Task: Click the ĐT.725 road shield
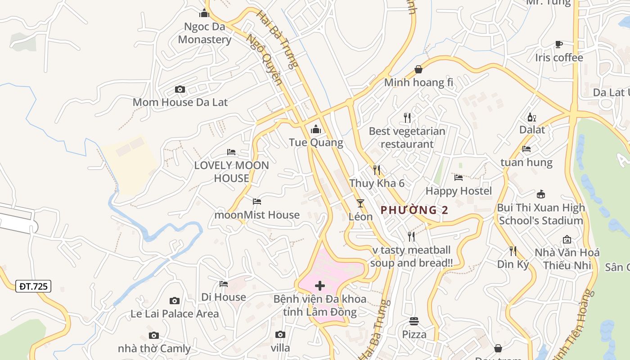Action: (x=33, y=286)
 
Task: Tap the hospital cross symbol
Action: (x=320, y=286)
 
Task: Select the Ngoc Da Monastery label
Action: (x=204, y=33)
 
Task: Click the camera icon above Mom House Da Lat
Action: (x=180, y=90)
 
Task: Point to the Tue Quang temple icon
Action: (x=316, y=130)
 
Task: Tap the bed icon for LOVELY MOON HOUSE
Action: (x=231, y=152)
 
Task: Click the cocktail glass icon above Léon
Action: (x=360, y=203)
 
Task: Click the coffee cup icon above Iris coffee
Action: (x=558, y=44)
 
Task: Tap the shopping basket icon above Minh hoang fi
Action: (x=418, y=69)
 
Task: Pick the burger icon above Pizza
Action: (x=414, y=321)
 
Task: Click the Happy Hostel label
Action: (x=459, y=191)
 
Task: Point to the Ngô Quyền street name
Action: (x=265, y=60)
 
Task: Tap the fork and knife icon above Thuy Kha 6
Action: (x=377, y=170)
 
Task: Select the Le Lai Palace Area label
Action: (x=175, y=314)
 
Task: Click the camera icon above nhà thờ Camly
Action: (x=154, y=335)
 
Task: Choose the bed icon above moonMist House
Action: (x=257, y=202)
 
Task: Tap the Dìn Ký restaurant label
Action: (x=513, y=265)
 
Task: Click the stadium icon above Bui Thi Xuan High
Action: (x=541, y=194)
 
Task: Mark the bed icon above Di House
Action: (x=224, y=284)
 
